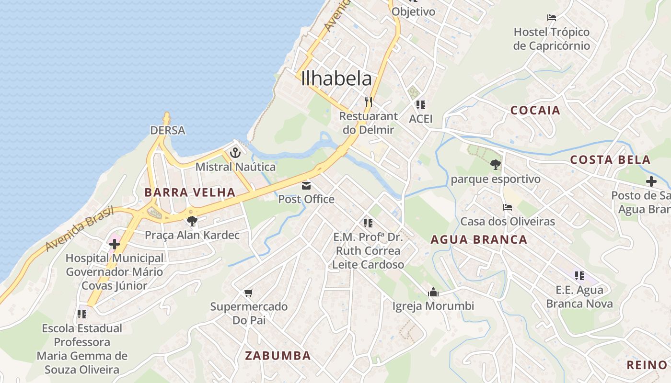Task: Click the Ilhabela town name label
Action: pyautogui.click(x=336, y=79)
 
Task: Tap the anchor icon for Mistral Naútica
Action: pyautogui.click(x=235, y=153)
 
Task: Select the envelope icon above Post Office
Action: pyautogui.click(x=306, y=185)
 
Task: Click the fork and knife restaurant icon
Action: pyautogui.click(x=368, y=101)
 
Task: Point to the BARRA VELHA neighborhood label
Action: pyautogui.click(x=190, y=192)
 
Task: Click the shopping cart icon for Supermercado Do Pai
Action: pyautogui.click(x=248, y=293)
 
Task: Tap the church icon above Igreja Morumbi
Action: pyautogui.click(x=433, y=292)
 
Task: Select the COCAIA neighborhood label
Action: pyautogui.click(x=535, y=111)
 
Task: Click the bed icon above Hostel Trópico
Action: pyautogui.click(x=552, y=18)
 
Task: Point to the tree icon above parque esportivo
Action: pyautogui.click(x=495, y=165)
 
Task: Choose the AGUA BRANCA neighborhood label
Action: pyautogui.click(x=479, y=240)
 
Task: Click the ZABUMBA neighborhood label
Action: pyautogui.click(x=278, y=356)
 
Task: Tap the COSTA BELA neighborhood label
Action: pyautogui.click(x=610, y=160)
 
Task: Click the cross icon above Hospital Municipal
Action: pyautogui.click(x=114, y=244)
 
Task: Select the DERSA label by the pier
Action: pyautogui.click(x=167, y=130)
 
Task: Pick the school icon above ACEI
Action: pyautogui.click(x=420, y=104)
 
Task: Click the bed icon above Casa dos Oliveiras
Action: pyautogui.click(x=508, y=207)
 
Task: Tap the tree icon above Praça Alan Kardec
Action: pyautogui.click(x=192, y=221)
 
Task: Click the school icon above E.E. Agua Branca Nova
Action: pyautogui.click(x=579, y=276)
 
